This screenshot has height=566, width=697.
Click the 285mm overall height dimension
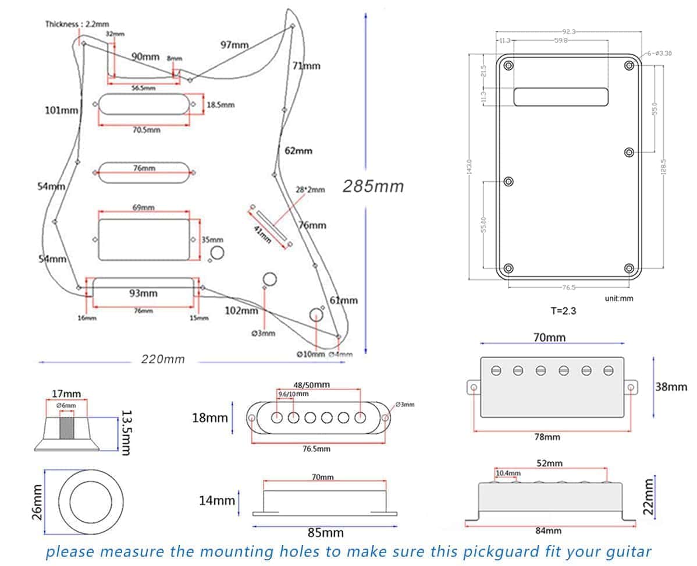coord(373,186)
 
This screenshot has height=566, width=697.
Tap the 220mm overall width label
coord(163,359)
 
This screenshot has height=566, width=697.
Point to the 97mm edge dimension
coord(235,45)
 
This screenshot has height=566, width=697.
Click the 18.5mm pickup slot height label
coord(221,105)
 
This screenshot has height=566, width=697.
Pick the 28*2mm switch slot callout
coord(310,189)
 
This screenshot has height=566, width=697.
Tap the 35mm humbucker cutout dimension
coord(212,240)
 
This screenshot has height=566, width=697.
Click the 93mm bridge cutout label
coord(143,293)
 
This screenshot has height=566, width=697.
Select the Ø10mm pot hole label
coord(310,354)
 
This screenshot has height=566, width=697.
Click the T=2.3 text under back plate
coord(563,311)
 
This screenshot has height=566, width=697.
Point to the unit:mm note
coord(618,298)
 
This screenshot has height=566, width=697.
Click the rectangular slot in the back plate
coord(560,97)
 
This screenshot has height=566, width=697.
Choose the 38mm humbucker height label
coord(671,387)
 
